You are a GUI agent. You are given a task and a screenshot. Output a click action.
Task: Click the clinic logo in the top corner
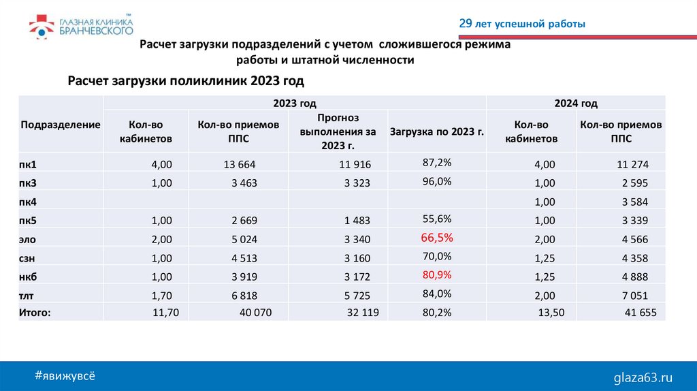point(80,27)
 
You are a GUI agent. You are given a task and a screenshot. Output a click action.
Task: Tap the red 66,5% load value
point(436,238)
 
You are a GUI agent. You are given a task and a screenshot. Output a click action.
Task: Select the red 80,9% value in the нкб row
point(436,276)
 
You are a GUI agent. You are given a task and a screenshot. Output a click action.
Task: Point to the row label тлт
point(28,295)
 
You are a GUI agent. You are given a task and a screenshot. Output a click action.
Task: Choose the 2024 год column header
point(576,104)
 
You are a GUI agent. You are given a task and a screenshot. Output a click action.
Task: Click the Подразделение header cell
point(61,125)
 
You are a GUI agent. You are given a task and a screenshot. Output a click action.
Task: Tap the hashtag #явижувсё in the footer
point(65,377)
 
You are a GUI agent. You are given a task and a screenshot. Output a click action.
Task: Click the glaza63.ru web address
point(643,377)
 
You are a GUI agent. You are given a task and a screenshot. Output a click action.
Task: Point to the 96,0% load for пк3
point(436,181)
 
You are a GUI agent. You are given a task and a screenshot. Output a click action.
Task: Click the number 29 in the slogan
point(466,24)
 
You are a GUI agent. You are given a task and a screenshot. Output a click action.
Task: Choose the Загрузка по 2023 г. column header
point(436,131)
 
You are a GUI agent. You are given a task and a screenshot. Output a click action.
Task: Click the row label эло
point(29,239)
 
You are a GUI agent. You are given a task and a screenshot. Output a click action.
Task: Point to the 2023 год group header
point(295,104)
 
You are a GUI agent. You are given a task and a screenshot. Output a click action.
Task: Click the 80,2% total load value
point(436,313)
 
